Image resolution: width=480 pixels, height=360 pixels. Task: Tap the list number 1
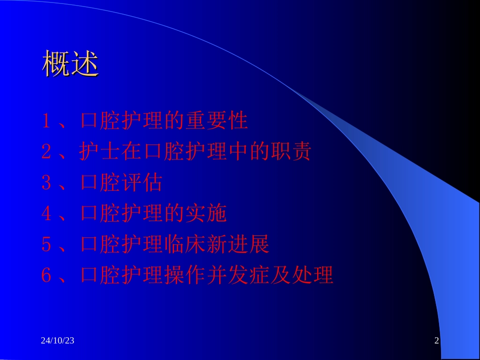click(46, 122)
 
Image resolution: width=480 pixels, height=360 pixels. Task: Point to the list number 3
click(46, 183)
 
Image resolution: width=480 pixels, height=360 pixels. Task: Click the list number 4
click(46, 214)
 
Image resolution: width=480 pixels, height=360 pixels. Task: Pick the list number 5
click(46, 245)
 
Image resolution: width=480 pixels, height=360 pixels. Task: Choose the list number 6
click(46, 276)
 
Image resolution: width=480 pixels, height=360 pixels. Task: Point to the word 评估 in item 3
click(142, 183)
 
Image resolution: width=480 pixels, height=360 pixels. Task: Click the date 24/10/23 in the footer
click(58, 341)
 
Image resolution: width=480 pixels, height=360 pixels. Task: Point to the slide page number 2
click(437, 341)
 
